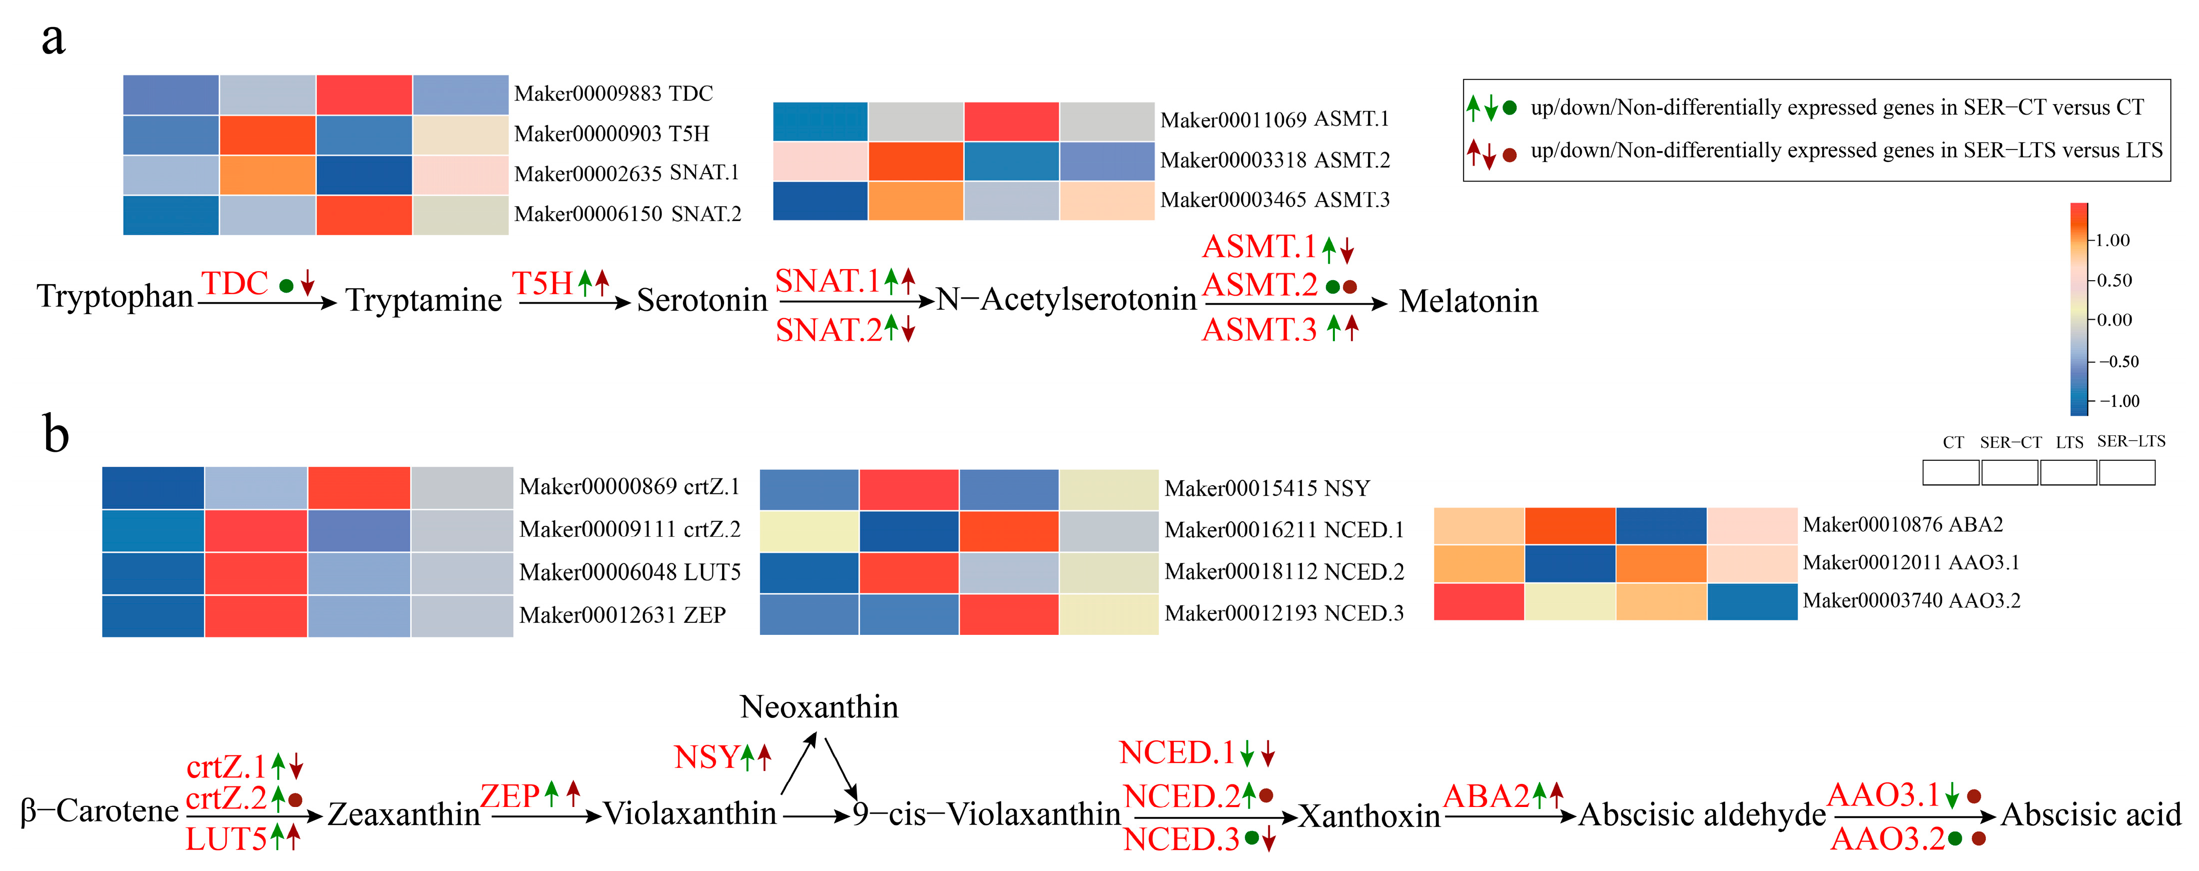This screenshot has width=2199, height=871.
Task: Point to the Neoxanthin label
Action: [819, 707]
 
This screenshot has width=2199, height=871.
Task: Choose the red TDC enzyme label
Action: [235, 284]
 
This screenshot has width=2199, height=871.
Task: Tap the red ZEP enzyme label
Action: [510, 797]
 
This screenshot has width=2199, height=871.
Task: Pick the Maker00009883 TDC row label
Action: [613, 94]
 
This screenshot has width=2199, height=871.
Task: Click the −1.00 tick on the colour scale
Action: [2118, 401]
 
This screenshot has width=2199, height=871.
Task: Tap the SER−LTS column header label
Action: [2131, 441]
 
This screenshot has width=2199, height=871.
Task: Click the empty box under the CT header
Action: [1951, 472]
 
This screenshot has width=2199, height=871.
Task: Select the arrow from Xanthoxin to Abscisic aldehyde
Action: [1509, 816]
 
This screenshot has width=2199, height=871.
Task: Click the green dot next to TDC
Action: [287, 286]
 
